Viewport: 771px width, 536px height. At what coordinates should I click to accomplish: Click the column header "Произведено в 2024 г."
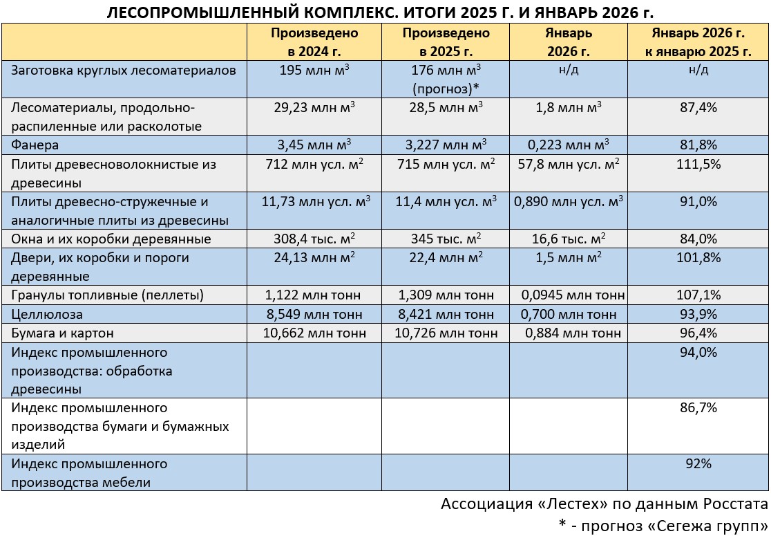point(314,41)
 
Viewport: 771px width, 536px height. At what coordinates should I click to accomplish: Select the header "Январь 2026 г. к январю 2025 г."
point(698,41)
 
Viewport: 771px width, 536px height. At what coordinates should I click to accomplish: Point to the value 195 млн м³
point(314,71)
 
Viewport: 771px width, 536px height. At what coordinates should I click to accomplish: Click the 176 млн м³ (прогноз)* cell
point(446,79)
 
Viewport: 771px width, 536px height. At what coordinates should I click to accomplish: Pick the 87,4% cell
point(698,108)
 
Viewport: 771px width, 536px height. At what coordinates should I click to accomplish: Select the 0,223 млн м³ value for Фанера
point(568,145)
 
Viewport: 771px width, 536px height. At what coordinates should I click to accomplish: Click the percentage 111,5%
point(698,165)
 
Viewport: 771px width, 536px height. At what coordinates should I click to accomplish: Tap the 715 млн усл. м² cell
point(446,165)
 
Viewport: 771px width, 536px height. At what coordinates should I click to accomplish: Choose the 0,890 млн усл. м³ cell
point(568,202)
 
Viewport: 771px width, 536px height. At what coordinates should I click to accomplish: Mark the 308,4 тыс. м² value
point(314,239)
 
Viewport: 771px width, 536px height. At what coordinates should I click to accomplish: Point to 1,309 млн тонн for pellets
point(446,295)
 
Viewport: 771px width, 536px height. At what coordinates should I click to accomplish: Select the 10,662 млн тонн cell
point(314,333)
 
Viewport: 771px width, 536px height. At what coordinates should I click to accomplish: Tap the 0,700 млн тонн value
point(568,314)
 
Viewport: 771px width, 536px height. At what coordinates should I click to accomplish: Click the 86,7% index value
point(698,408)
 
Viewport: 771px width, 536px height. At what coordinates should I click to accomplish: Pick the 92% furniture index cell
point(698,464)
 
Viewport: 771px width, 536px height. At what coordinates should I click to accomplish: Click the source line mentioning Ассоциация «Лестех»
point(605,503)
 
